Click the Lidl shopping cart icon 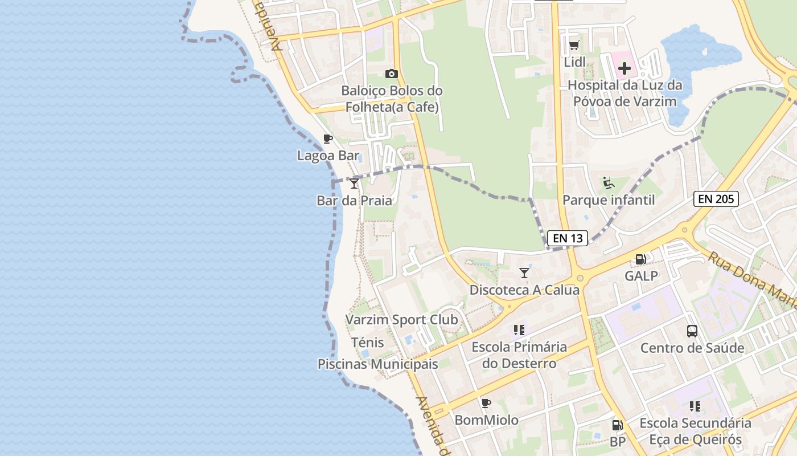574,45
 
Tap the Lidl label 574,62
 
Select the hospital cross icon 625,69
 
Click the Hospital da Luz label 625,93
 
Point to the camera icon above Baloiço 391,74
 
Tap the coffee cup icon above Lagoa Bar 327,139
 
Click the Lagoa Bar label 328,155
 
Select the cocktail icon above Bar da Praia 354,183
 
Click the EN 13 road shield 568,238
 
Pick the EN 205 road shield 716,199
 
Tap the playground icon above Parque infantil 609,183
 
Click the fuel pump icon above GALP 640,259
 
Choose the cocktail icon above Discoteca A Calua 524,273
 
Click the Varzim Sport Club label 402,320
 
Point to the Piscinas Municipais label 378,364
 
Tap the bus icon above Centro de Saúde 692,331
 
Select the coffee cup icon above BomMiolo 486,404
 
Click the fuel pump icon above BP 617,425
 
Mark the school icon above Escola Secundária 695,406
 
